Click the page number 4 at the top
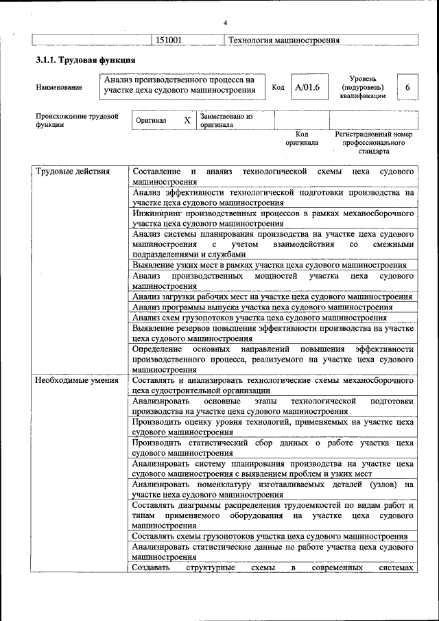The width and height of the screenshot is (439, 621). [x=225, y=24]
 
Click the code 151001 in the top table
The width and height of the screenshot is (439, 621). [x=168, y=40]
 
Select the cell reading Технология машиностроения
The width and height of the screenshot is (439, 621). [x=284, y=40]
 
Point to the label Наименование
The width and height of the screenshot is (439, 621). [x=60, y=87]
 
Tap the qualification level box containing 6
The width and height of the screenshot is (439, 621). [x=407, y=87]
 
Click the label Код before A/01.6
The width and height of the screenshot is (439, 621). [x=278, y=87]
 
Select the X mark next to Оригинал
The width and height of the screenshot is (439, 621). [x=187, y=120]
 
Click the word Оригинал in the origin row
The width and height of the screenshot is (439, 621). [x=151, y=120]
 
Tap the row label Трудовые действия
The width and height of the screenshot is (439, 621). [x=72, y=172]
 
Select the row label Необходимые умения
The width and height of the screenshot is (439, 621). [x=76, y=379]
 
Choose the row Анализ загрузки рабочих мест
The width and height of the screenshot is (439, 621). [x=272, y=297]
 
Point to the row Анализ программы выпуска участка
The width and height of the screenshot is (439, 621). [x=263, y=307]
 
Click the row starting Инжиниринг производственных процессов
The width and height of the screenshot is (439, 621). [x=273, y=218]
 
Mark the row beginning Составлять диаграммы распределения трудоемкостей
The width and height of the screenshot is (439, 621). [x=273, y=515]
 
